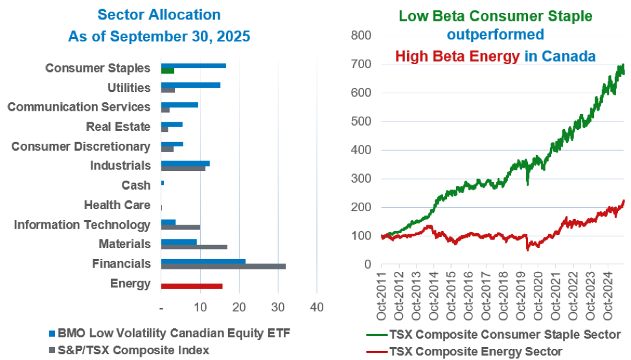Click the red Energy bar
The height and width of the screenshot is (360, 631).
point(192,286)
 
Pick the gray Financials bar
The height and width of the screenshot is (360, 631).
point(223,266)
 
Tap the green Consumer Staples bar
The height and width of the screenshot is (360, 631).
point(168,71)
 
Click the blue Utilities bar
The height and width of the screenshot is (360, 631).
point(190,85)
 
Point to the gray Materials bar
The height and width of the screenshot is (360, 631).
point(194,247)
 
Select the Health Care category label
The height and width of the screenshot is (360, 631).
point(117,205)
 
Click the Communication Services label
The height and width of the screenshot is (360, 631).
point(79,107)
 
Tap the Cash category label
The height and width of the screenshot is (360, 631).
point(136,186)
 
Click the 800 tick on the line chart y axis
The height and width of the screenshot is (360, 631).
point(361,35)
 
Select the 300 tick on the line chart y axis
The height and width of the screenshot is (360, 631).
point(361,179)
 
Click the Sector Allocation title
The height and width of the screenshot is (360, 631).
point(159,14)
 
